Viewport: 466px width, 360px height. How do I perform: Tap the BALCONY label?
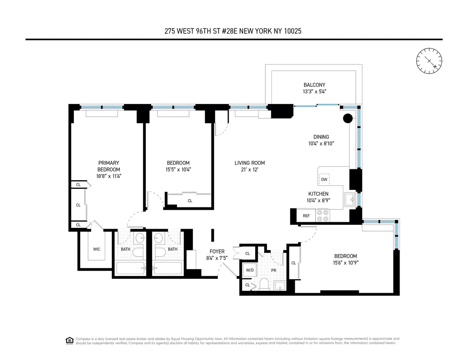pyautogui.click(x=314, y=85)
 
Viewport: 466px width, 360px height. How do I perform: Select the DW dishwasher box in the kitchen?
pyautogui.click(x=324, y=179)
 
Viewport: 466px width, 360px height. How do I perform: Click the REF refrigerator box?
pyautogui.click(x=306, y=216)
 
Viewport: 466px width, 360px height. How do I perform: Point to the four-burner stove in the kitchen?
pyautogui.click(x=323, y=216)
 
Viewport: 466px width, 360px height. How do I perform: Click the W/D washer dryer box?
pyautogui.click(x=249, y=270)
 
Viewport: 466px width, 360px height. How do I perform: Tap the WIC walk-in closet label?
pyautogui.click(x=96, y=249)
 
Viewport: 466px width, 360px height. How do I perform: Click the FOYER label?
pyautogui.click(x=217, y=252)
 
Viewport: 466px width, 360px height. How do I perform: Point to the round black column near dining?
pyautogui.click(x=347, y=118)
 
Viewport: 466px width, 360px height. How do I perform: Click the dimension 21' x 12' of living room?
pyautogui.click(x=249, y=170)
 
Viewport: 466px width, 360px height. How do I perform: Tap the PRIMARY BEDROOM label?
pyautogui.click(x=108, y=166)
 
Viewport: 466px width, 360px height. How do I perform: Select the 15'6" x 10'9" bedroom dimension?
pyautogui.click(x=345, y=263)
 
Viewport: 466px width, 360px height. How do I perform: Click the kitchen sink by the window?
pyautogui.click(x=351, y=200)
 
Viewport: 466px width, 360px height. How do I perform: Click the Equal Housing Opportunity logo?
pyautogui.click(x=69, y=341)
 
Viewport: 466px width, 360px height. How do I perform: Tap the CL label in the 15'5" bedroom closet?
pyautogui.click(x=190, y=201)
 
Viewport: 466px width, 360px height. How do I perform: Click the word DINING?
pyautogui.click(x=321, y=137)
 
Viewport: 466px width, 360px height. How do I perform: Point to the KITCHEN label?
pyautogui.click(x=318, y=194)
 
